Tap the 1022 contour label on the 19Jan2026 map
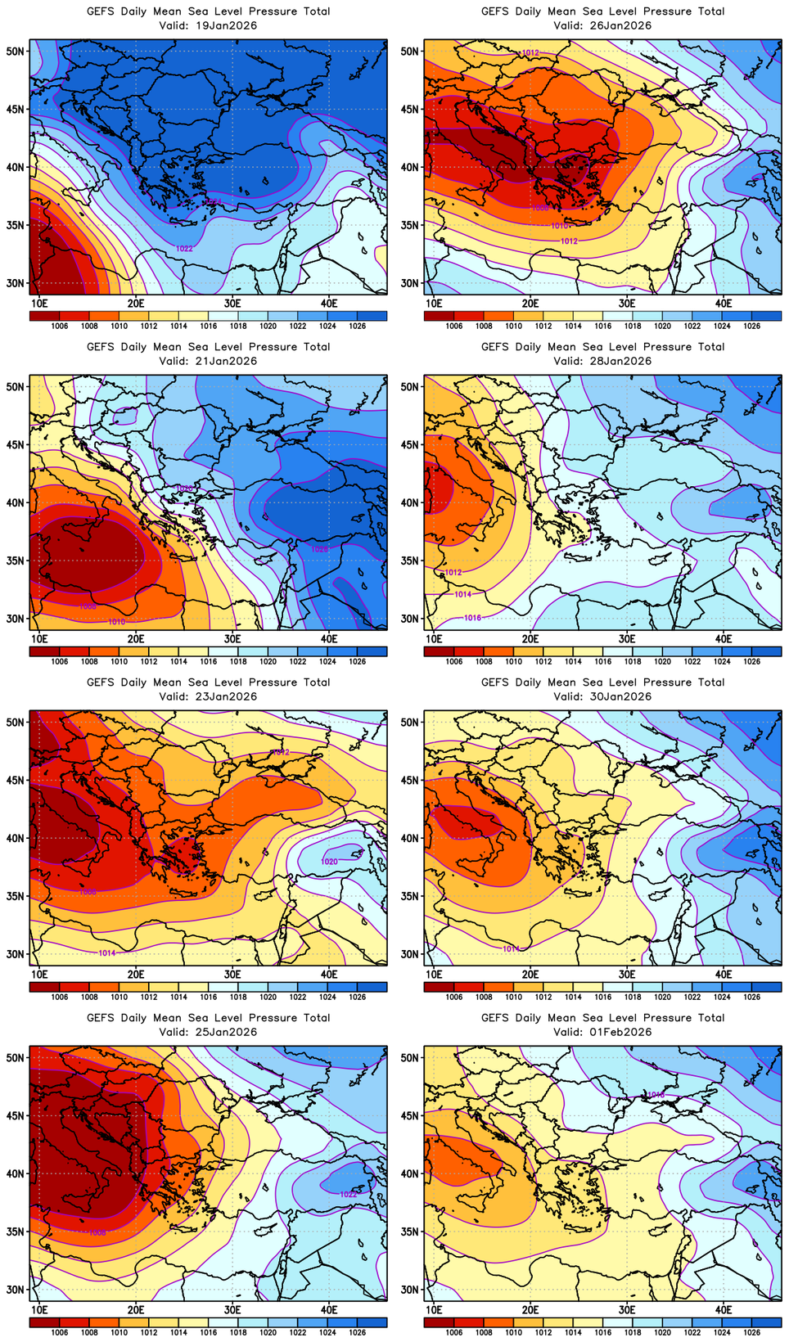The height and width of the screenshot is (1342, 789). click(x=185, y=248)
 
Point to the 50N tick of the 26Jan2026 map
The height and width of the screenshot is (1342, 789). click(x=409, y=51)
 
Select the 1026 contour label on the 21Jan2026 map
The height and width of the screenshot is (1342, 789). click(x=319, y=549)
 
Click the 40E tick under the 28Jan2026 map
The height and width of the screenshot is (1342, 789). click(x=724, y=639)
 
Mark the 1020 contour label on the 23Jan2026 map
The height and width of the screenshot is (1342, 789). click(x=329, y=862)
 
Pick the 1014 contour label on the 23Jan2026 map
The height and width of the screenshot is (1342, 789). click(x=107, y=952)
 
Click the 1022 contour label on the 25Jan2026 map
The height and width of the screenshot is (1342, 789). click(x=348, y=1194)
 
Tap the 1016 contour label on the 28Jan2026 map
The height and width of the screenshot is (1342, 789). click(x=472, y=618)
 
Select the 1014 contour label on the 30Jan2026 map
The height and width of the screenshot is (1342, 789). click(x=511, y=948)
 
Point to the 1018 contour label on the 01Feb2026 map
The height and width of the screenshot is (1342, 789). click(x=656, y=1094)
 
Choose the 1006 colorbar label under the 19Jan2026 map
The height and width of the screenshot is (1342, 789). click(x=60, y=326)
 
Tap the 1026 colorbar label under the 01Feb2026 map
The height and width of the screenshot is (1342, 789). click(x=751, y=1332)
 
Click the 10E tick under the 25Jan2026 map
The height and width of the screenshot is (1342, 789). click(x=39, y=1310)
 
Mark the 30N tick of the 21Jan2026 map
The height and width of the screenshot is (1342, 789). click(x=15, y=619)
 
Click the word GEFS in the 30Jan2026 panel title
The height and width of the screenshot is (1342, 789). click(x=495, y=682)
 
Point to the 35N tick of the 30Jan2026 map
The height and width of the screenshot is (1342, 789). click(x=409, y=896)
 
